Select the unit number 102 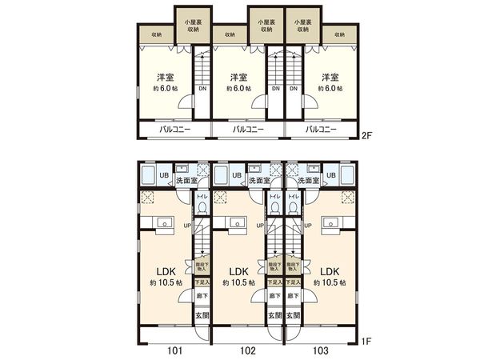(247, 350)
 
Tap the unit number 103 (320, 350)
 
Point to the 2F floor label (367, 135)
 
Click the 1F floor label (367, 342)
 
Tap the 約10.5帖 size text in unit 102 (237, 283)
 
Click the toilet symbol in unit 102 (274, 207)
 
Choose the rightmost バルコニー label (319, 129)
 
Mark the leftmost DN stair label (202, 89)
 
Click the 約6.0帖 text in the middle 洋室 (238, 89)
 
